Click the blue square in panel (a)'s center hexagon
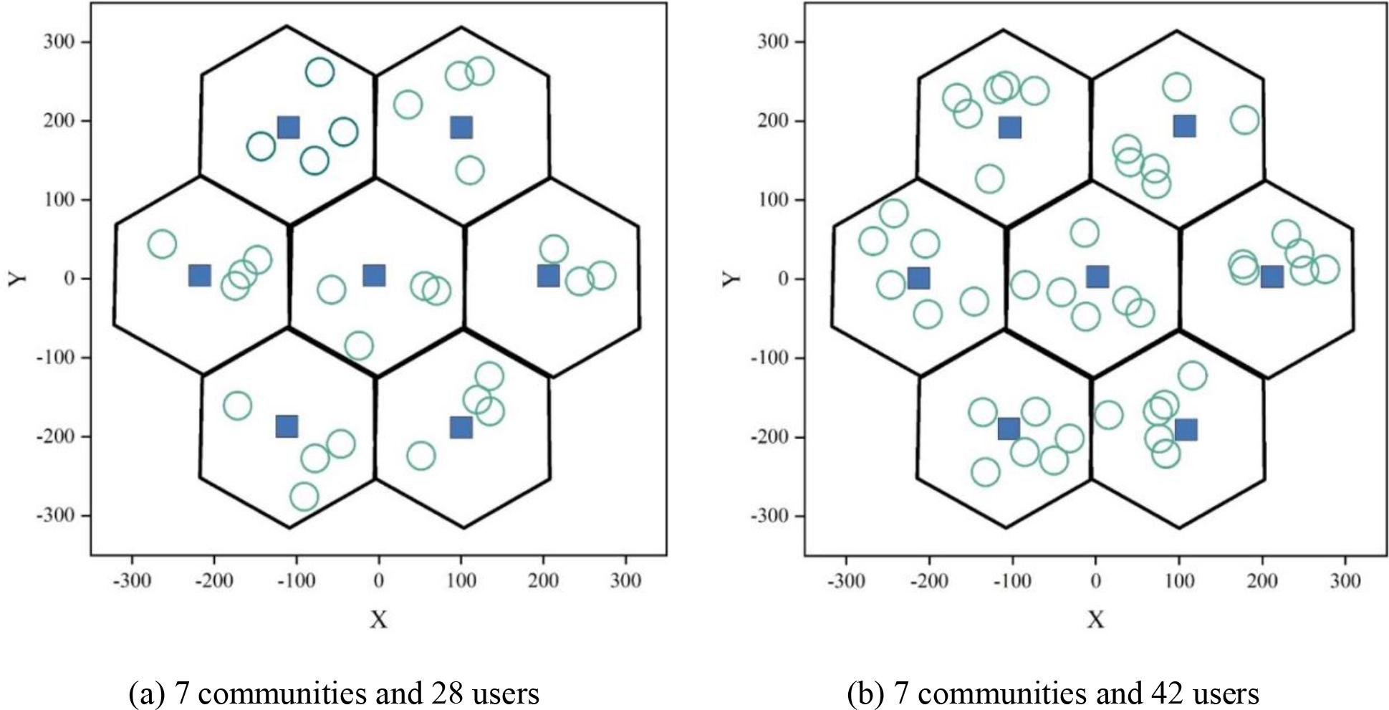pyautogui.click(x=373, y=275)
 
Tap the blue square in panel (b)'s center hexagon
pyautogui.click(x=1097, y=277)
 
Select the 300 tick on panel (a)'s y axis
pyautogui.click(x=59, y=42)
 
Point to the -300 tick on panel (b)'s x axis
pyautogui.click(x=846, y=580)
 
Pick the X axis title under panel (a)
pyautogui.click(x=378, y=620)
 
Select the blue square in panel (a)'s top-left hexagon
pyautogui.click(x=288, y=128)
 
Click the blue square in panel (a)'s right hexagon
pyautogui.click(x=548, y=275)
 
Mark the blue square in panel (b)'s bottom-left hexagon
pyautogui.click(x=1009, y=428)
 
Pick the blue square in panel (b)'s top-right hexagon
pyautogui.click(x=1185, y=126)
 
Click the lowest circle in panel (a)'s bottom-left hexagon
pyautogui.click(x=304, y=496)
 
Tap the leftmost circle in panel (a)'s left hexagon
pyautogui.click(x=162, y=244)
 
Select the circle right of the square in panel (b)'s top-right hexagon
pyautogui.click(x=1245, y=120)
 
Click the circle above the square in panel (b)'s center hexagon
pyautogui.click(x=1085, y=233)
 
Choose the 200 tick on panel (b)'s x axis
pyautogui.click(x=1262, y=580)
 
